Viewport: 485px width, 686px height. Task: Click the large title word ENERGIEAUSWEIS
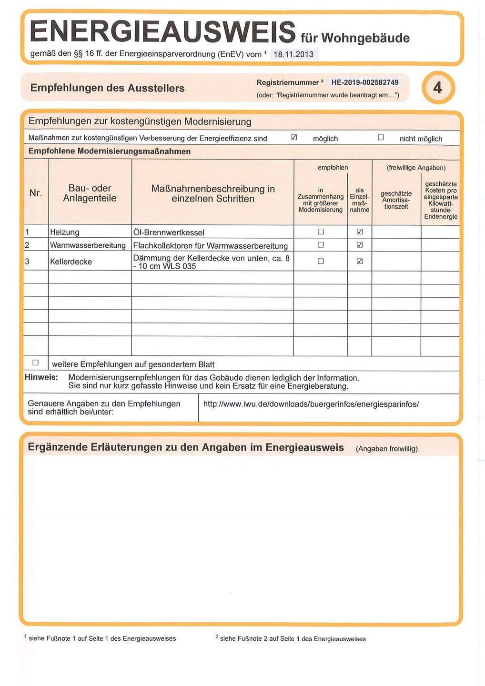[162, 31]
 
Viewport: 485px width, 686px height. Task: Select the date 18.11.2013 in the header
[293, 54]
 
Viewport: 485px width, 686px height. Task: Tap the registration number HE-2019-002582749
[365, 82]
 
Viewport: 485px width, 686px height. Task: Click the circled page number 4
[438, 88]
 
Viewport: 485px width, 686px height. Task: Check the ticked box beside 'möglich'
[294, 138]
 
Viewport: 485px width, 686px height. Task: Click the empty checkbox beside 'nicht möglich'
[381, 138]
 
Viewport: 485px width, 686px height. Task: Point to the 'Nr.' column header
[36, 193]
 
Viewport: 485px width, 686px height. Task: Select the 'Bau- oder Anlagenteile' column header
[90, 193]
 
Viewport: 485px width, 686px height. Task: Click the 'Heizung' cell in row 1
[65, 232]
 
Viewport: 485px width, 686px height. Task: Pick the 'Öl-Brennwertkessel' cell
[169, 232]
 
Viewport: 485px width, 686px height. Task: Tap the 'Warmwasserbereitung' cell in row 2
[88, 245]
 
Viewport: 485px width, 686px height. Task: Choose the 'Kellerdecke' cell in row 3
[71, 262]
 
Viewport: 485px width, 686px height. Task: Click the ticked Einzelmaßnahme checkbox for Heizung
[360, 232]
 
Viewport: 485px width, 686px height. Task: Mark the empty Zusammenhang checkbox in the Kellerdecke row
[321, 261]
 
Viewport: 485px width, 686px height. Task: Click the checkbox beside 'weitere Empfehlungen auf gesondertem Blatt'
[35, 363]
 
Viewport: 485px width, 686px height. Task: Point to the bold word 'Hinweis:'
[41, 377]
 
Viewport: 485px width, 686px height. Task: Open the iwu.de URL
[311, 404]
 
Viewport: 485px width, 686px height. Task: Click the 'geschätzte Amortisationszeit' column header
[396, 200]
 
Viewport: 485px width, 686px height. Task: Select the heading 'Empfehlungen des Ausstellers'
[107, 88]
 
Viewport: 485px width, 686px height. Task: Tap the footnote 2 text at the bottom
[292, 639]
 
